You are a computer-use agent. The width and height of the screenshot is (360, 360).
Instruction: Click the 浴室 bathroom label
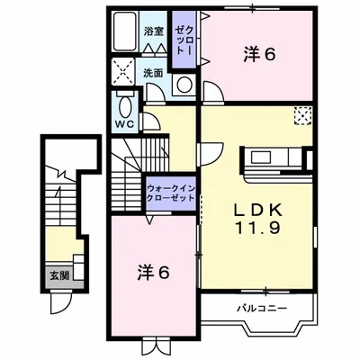[153, 31]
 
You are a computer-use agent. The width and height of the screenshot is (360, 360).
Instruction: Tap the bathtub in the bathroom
[125, 31]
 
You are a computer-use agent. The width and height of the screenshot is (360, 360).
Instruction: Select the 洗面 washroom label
[153, 73]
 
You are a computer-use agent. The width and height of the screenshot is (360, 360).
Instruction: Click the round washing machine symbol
[184, 85]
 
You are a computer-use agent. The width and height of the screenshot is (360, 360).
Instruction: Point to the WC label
[125, 124]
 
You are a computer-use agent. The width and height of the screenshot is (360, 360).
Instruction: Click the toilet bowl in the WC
[124, 106]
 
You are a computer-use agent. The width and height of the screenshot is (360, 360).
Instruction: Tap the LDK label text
[257, 211]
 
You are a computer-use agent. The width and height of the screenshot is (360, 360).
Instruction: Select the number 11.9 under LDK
[257, 229]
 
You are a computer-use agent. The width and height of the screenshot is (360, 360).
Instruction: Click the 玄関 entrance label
[59, 276]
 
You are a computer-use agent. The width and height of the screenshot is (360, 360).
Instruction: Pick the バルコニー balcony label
[263, 308]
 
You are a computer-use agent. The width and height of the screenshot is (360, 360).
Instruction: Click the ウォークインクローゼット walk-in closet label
[171, 193]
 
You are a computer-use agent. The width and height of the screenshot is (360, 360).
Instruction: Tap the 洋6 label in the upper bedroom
[258, 55]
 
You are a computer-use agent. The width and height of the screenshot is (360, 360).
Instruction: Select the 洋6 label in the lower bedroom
[153, 272]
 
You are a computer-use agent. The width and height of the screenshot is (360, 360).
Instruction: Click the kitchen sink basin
[260, 157]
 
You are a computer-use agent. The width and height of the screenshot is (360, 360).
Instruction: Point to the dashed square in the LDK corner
[302, 116]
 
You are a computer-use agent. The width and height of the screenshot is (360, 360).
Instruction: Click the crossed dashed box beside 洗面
[123, 72]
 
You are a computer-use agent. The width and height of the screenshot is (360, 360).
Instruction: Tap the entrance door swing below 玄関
[61, 301]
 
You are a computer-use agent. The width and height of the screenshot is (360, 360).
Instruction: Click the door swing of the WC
[150, 121]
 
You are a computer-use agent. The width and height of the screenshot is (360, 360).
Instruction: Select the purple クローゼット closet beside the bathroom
[183, 40]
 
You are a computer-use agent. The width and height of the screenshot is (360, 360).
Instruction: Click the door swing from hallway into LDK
[211, 154]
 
